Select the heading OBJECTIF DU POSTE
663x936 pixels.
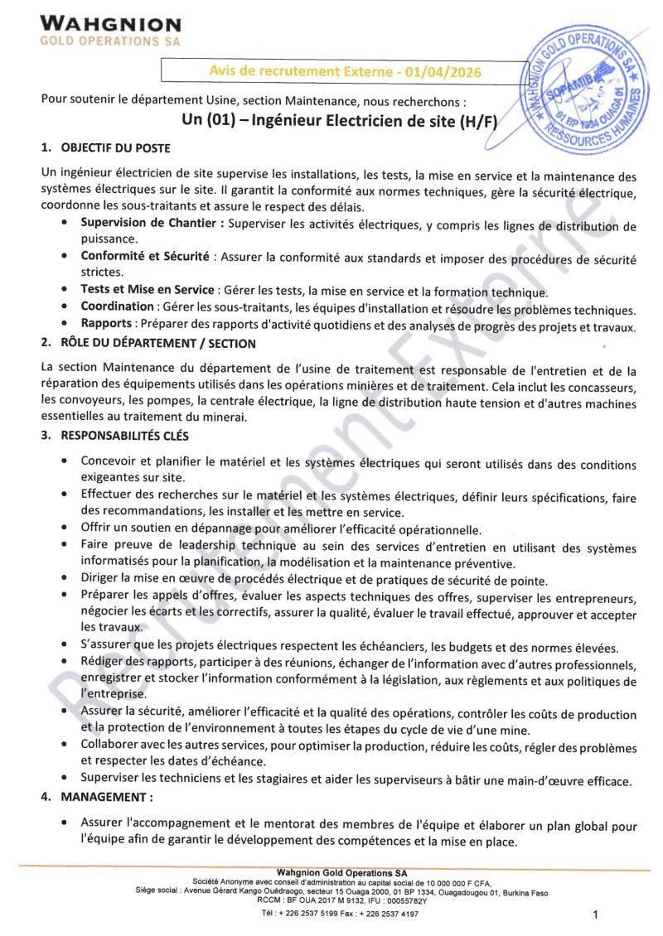pyautogui.click(x=115, y=148)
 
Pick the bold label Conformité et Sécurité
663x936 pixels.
pyautogui.click(x=145, y=257)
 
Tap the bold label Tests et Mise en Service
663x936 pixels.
pyautogui.click(x=147, y=291)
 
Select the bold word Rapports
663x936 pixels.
pyautogui.click(x=106, y=326)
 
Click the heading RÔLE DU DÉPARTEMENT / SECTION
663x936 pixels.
pyautogui.click(x=158, y=343)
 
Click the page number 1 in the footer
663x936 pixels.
pyautogui.click(x=595, y=914)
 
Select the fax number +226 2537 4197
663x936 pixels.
pyautogui.click(x=389, y=913)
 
